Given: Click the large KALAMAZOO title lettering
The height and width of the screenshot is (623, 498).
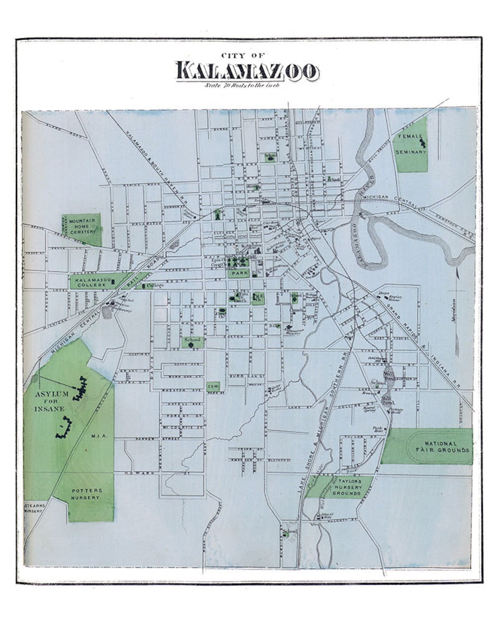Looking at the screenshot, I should pyautogui.click(x=247, y=71).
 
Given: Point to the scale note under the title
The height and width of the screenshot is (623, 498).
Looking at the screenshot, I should pyautogui.click(x=243, y=85).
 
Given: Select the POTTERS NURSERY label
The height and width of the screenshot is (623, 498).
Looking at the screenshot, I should pyautogui.click(x=85, y=494).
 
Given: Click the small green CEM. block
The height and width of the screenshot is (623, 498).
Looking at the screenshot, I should pyautogui.click(x=213, y=385).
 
